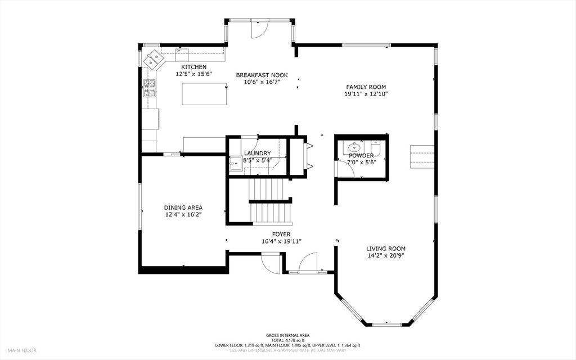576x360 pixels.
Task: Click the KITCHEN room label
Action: point(193,67)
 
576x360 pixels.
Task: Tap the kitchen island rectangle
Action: point(204,94)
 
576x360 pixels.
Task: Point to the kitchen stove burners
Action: point(149,88)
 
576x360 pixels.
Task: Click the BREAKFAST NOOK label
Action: point(262,75)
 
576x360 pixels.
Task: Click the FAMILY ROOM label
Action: point(366,87)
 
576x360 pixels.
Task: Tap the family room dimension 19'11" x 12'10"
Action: point(366,94)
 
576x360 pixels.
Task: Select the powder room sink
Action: point(355,148)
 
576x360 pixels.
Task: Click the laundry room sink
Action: point(235,164)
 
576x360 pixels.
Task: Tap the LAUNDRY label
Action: point(258,153)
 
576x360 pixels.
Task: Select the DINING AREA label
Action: point(183,208)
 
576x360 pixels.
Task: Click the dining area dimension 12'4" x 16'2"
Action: point(183,214)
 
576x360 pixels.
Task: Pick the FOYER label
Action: point(281,235)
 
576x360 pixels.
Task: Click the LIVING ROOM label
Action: point(386,249)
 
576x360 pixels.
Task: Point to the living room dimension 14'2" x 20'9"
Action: point(386,256)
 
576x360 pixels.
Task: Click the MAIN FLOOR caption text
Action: point(22,350)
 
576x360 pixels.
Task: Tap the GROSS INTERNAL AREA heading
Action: point(287,335)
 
